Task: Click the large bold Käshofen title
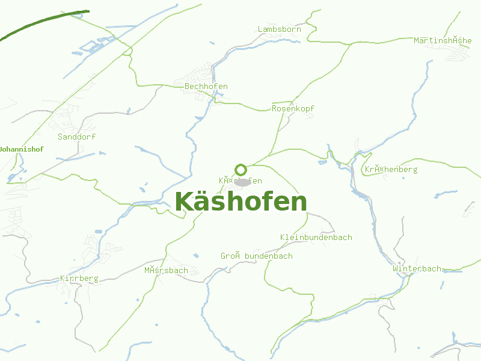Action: pos(241,202)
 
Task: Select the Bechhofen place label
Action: pos(206,87)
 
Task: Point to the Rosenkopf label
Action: pos(293,108)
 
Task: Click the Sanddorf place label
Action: pos(76,137)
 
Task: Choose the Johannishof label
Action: pos(22,149)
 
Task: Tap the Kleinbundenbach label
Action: pos(316,237)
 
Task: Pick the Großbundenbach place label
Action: pos(257,256)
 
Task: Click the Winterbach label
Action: pos(417,268)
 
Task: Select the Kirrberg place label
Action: pos(79,279)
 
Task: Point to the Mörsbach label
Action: pos(166,270)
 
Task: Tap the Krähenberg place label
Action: pos(391,170)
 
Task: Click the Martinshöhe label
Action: pos(443,40)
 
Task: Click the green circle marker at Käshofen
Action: pos(241,170)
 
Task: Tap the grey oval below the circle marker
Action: pos(242,182)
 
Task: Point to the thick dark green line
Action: pos(42,23)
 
